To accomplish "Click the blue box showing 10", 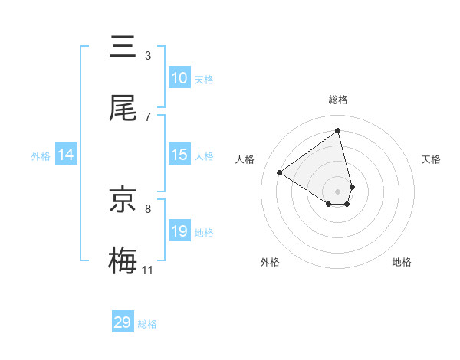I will (179, 78).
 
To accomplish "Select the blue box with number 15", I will (179, 155).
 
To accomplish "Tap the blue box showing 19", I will (179, 231).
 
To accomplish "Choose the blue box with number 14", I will (66, 155).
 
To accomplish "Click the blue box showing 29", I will (123, 322).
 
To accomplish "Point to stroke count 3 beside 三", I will (148, 56).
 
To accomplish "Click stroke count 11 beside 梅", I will (148, 270).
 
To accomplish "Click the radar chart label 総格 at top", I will (338, 100).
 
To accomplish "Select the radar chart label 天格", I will (431, 159).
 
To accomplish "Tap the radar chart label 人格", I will (245, 159).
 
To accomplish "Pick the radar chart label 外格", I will (270, 262).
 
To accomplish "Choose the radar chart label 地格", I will (402, 262).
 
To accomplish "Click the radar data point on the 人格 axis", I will (280, 172).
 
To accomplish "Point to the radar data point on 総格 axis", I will (338, 130).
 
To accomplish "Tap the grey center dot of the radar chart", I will (338, 191).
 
